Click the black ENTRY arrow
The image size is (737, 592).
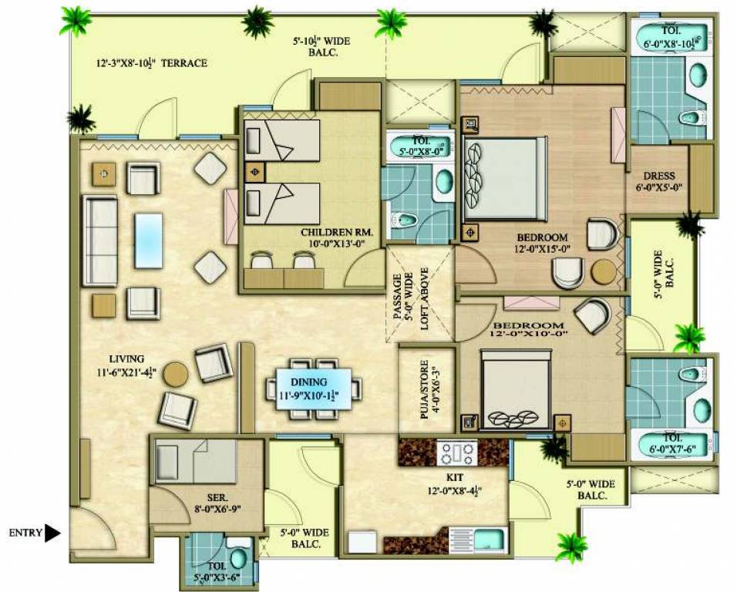pos(52,533)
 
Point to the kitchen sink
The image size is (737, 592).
pos(489,538)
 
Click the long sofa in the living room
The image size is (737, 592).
pos(100,241)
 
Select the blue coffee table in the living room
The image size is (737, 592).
pos(148,240)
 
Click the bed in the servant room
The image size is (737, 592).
pos(196,462)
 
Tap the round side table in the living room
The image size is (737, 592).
pos(175,373)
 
